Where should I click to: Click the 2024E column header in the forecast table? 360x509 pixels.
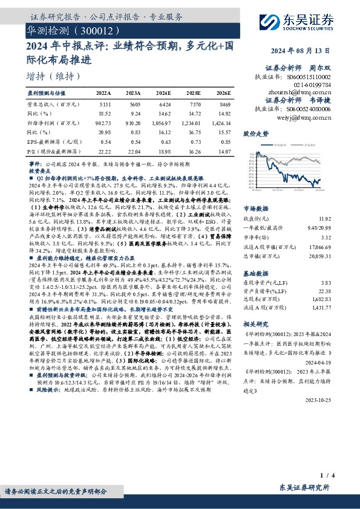pos(163,93)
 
